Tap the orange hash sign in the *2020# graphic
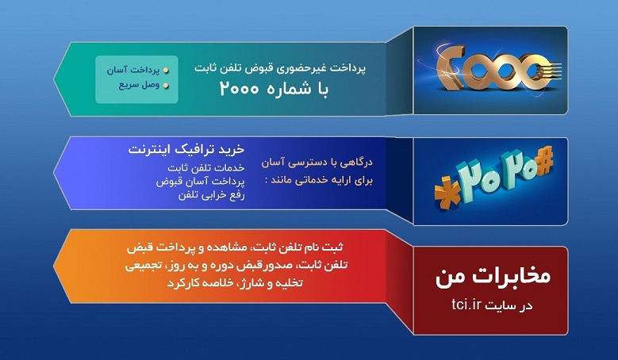[x=544, y=161]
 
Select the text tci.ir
[x=466, y=304]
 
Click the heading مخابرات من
[x=493, y=276]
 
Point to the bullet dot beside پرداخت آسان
[x=166, y=71]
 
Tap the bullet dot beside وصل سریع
[x=166, y=86]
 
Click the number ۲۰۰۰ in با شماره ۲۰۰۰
[x=240, y=89]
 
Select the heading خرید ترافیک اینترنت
[x=186, y=149]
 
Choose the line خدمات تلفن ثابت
[x=206, y=168]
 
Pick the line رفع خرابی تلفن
[x=211, y=195]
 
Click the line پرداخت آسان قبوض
[x=200, y=182]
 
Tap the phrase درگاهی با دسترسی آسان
[x=317, y=163]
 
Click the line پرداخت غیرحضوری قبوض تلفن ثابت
[x=280, y=67]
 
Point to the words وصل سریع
[x=139, y=85]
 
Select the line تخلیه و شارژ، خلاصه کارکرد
[x=236, y=283]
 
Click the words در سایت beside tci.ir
[x=509, y=305]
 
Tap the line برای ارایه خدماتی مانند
[x=319, y=180]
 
